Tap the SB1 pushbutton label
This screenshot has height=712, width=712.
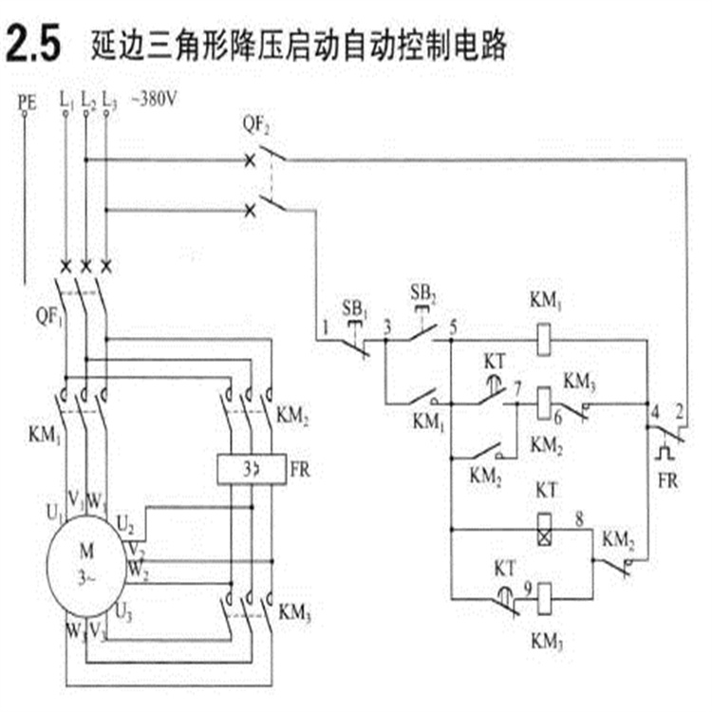coord(354,307)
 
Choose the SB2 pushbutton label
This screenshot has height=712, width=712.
coord(422,289)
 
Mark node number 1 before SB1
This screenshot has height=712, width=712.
coord(325,327)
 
